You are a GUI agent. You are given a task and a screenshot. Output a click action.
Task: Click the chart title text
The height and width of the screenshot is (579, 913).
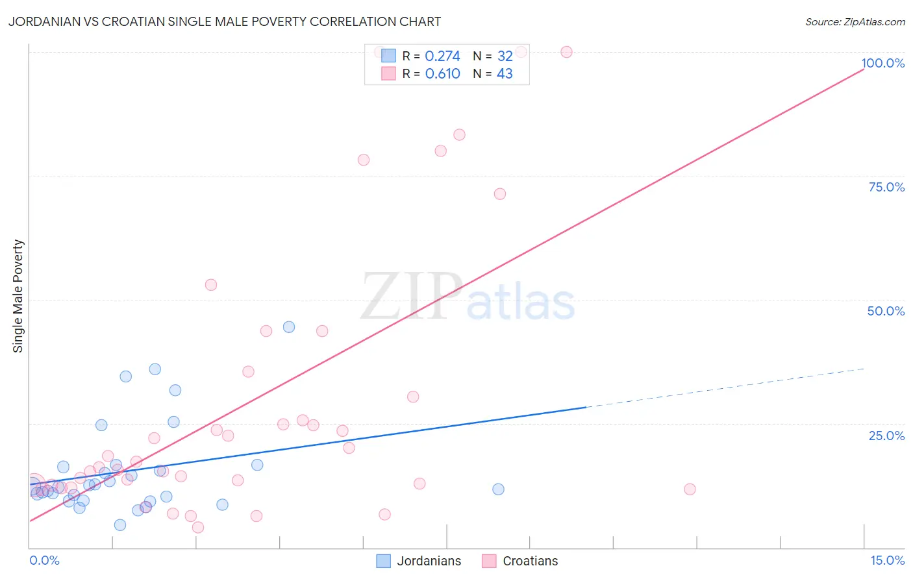coord(225,21)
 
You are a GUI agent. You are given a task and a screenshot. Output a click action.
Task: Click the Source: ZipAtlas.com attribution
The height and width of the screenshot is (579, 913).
coord(855,21)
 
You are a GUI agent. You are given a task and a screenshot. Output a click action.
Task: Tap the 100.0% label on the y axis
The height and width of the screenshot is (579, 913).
coord(882,63)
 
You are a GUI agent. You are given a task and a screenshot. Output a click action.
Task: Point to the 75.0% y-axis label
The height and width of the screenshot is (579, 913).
coord(886,187)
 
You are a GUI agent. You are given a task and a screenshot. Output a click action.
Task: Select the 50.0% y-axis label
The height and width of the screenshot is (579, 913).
coord(885,311)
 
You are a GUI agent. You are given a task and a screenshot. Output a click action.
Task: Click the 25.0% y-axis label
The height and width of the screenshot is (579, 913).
coord(886,435)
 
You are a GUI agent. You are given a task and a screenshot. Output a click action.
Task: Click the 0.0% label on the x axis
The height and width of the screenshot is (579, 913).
coord(44,560)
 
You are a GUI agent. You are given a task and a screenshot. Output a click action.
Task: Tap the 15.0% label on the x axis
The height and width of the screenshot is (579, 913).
coord(886,560)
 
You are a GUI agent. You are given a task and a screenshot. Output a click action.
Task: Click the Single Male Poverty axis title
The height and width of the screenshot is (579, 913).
coord(18,296)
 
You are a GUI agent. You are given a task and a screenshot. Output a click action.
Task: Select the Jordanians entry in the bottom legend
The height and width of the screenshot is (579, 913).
coord(429,561)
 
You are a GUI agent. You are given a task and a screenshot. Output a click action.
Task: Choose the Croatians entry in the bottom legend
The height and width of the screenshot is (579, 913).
coord(530,561)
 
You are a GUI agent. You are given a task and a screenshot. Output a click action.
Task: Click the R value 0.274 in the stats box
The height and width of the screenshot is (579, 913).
coord(442,56)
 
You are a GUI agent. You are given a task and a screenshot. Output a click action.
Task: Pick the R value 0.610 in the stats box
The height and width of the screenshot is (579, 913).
coord(442,74)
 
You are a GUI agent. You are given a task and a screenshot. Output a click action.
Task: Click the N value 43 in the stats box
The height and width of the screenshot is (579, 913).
coord(505,74)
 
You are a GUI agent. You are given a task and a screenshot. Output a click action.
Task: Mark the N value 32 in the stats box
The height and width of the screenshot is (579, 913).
coord(505,56)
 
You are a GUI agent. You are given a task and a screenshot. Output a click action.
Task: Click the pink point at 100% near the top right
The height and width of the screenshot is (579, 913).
coord(566,52)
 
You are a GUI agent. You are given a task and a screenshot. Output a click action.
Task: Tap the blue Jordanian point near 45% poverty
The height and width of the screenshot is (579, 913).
coord(289,327)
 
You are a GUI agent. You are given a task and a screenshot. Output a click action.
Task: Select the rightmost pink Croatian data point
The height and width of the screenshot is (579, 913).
coord(690,489)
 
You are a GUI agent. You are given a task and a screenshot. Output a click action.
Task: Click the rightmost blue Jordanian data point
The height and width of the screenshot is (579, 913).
coord(498,489)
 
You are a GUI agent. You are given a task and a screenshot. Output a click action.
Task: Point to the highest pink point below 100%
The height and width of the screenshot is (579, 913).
coord(459,135)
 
